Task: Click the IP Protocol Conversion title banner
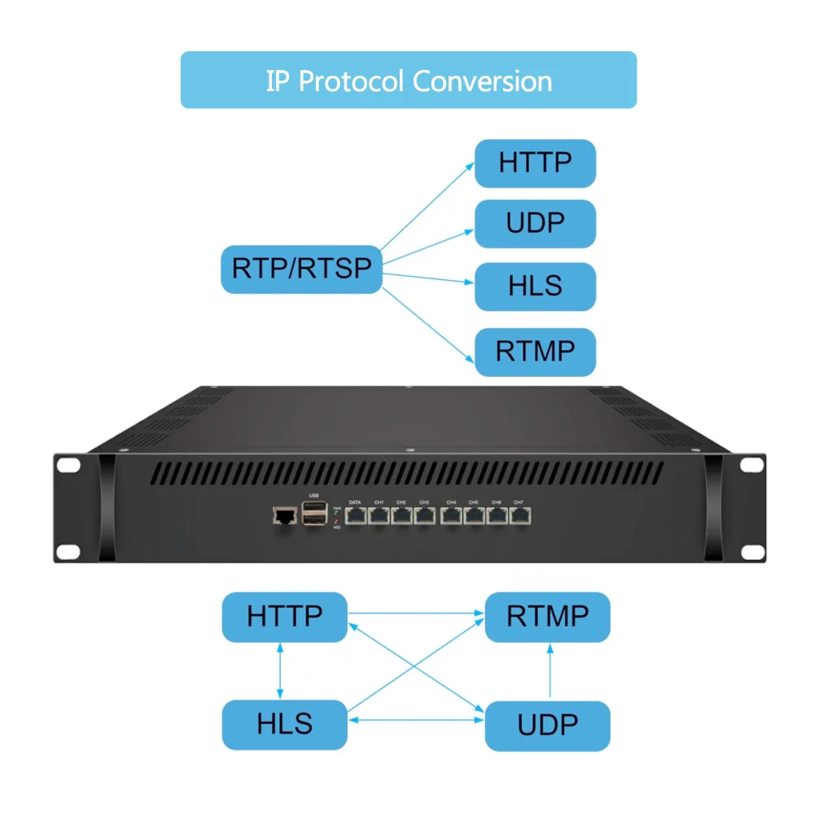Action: [x=408, y=81]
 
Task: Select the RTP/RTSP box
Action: [x=301, y=269]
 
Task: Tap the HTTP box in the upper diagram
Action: [x=535, y=163]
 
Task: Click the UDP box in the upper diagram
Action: [x=535, y=223]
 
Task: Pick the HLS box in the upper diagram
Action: [x=535, y=287]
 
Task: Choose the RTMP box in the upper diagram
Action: [x=535, y=352]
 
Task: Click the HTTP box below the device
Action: [x=285, y=616]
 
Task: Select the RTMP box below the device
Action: [x=547, y=616]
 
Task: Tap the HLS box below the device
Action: [x=285, y=724]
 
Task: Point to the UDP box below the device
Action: [x=547, y=724]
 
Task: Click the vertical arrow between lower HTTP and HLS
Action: [x=280, y=671]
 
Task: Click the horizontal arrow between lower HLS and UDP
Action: [x=416, y=720]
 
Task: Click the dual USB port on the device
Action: [x=313, y=514]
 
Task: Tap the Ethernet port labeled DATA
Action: [x=356, y=515]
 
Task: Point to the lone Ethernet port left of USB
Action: [x=284, y=515]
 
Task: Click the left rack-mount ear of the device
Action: [x=69, y=509]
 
